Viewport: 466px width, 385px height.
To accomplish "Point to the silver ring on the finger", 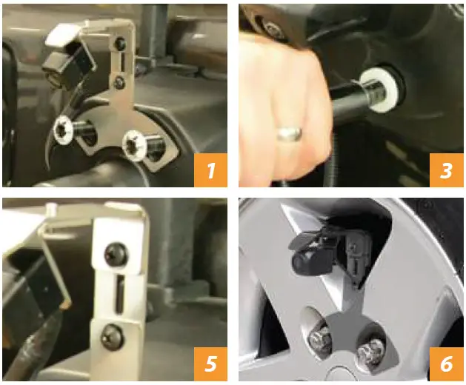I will tap(289, 133).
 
